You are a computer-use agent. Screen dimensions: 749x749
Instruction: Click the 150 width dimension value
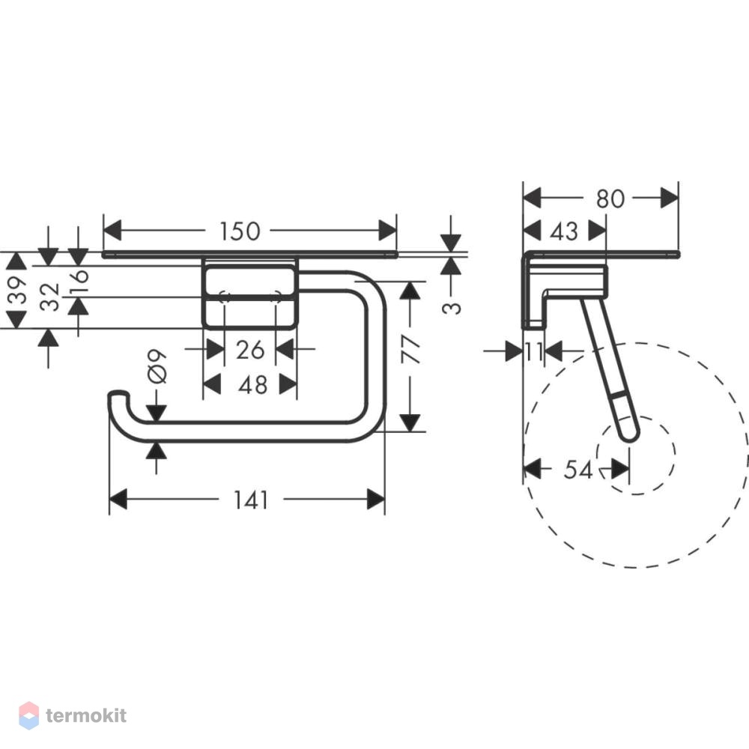click(240, 231)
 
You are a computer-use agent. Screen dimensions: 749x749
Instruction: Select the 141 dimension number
click(251, 500)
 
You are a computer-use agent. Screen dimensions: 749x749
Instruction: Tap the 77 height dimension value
click(410, 349)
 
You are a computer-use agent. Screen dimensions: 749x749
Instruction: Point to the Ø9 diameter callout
click(157, 366)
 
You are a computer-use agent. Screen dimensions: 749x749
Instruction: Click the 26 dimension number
click(250, 350)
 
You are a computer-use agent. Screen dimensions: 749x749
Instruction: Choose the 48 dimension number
click(252, 385)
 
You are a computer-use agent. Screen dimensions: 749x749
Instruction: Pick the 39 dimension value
click(18, 290)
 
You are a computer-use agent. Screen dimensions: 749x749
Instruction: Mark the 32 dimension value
click(49, 297)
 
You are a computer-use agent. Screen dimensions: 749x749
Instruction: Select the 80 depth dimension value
click(610, 198)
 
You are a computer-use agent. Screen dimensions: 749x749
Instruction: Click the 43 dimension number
click(564, 231)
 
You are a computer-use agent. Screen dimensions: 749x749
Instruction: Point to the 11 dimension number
click(535, 352)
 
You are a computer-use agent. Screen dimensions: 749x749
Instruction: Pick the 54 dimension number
click(578, 470)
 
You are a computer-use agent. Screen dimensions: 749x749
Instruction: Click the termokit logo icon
click(29, 715)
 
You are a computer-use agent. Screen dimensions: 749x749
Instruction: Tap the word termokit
click(86, 715)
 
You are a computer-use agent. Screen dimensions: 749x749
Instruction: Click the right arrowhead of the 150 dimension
click(387, 230)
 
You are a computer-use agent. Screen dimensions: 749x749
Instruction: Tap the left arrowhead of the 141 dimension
click(118, 500)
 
